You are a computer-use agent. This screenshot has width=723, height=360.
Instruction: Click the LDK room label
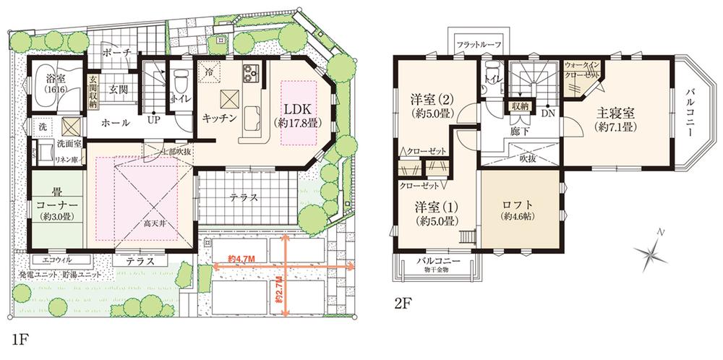point(296,110)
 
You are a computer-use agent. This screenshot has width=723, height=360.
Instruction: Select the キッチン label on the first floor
point(220,119)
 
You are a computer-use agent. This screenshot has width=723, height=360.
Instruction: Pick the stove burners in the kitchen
point(252,72)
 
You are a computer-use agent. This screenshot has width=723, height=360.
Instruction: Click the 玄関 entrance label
point(118,89)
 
